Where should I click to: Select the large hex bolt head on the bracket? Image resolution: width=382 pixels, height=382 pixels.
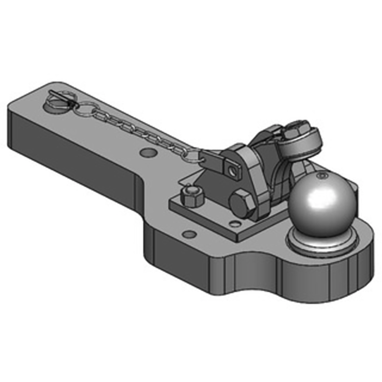[x=241, y=203]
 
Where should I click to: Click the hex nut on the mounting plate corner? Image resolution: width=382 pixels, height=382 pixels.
[x=192, y=196]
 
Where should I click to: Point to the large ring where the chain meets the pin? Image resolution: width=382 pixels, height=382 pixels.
[x=86, y=109]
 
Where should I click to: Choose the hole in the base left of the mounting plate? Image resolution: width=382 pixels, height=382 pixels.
[x=190, y=234]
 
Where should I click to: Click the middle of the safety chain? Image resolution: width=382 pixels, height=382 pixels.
[x=138, y=129]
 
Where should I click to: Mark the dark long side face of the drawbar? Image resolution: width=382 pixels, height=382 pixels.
[x=72, y=148]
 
